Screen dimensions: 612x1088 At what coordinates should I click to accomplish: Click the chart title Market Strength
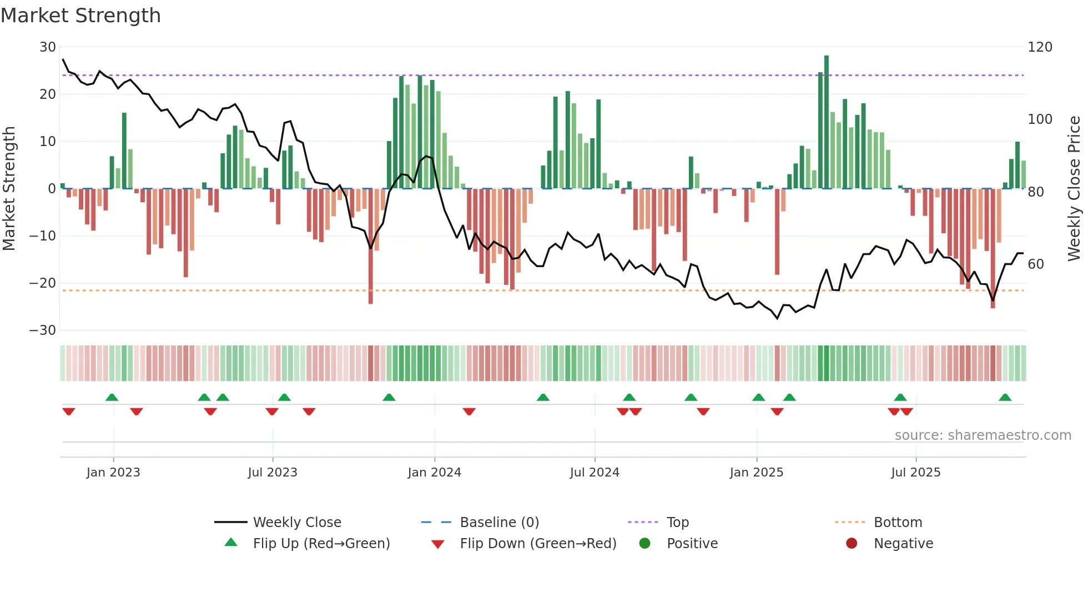[80, 16]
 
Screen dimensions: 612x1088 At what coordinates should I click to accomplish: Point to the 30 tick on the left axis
[48, 47]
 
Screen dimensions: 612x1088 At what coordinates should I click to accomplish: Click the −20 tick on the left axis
[43, 283]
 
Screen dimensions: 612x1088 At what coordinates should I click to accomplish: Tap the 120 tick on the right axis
[1040, 47]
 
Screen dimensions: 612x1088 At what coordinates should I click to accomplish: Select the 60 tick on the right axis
[1036, 264]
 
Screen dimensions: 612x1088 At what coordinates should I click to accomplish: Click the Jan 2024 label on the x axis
[434, 473]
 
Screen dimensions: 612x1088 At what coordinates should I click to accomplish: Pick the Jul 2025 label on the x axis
[915, 473]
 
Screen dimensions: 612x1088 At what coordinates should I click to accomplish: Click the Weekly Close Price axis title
[1074, 189]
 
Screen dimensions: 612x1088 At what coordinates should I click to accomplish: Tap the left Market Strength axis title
[9, 189]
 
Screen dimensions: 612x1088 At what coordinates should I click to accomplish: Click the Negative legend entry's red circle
[852, 543]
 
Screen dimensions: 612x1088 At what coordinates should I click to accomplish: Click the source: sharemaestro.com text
[983, 435]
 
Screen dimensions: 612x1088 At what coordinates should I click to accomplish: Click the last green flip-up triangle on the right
[1005, 398]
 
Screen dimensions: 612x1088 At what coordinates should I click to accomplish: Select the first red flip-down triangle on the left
[69, 412]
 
